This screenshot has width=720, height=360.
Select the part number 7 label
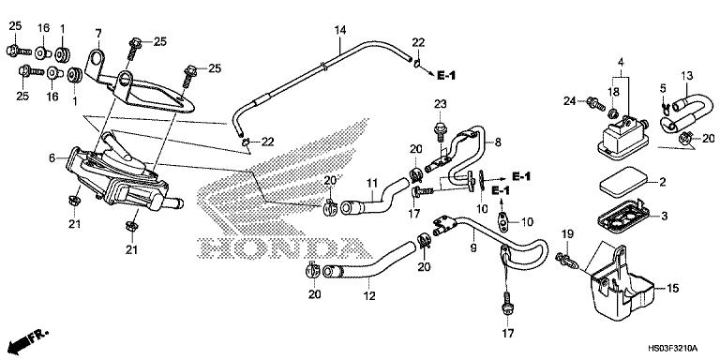tap(97, 34)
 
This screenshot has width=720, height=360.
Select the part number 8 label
tap(498, 142)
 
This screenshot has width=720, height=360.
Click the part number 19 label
tap(566, 233)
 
